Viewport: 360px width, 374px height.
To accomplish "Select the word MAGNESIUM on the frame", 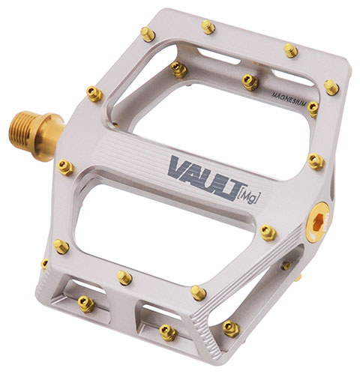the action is tap(289, 99).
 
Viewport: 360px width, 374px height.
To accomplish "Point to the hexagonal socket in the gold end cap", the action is tap(317, 222).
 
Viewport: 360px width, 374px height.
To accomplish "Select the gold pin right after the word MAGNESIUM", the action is tap(313, 109).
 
